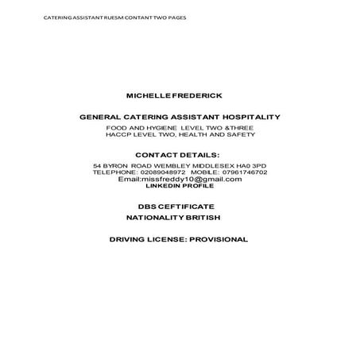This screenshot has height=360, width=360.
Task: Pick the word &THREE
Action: [239, 127]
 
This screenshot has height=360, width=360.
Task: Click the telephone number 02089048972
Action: [161, 172]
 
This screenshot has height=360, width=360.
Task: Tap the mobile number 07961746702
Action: [242, 172]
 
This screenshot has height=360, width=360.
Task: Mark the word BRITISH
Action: [202, 217]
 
